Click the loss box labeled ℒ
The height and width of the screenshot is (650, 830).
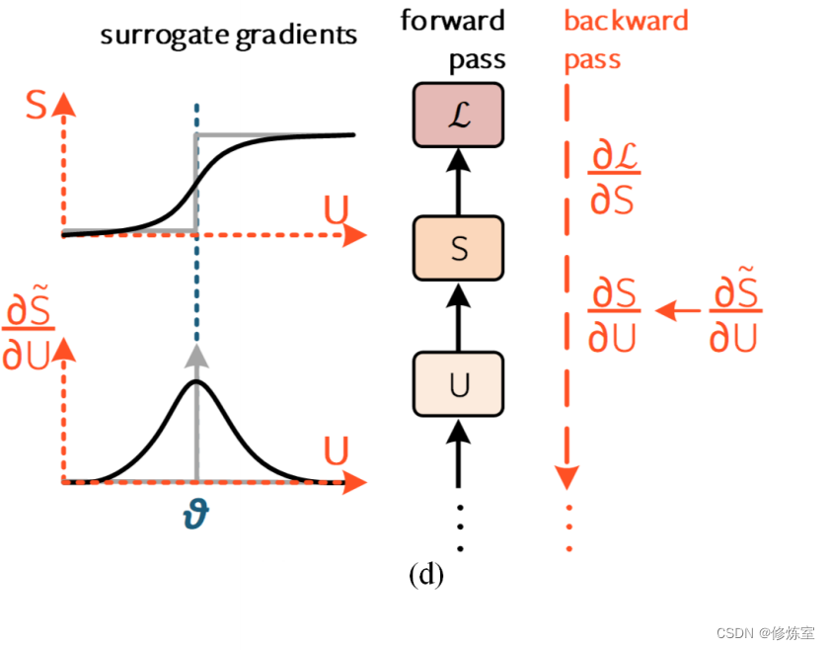tap(458, 115)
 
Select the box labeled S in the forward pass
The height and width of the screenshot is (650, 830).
tap(458, 249)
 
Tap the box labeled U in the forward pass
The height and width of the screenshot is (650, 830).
tap(458, 385)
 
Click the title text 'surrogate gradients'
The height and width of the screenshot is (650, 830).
tap(228, 37)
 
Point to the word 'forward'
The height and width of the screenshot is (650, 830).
tap(452, 20)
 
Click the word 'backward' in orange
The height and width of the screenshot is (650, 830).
tap(626, 20)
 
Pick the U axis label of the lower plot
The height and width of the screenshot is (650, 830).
tap(337, 453)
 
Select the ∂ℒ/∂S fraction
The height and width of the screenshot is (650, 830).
tap(613, 178)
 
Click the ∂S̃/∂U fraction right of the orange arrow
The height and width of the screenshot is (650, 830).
tap(735, 315)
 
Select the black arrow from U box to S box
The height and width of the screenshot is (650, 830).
tap(458, 316)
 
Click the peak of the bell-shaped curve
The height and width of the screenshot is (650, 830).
tap(196, 380)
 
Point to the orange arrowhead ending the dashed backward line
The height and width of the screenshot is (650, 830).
tap(566, 478)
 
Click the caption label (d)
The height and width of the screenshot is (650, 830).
tap(426, 574)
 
